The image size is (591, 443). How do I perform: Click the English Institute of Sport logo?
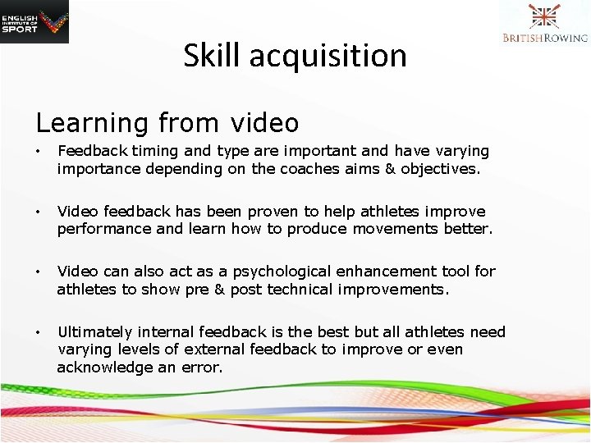coord(34,21)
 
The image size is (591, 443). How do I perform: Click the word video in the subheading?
coord(264,123)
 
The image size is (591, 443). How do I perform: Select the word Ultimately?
coord(95,332)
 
